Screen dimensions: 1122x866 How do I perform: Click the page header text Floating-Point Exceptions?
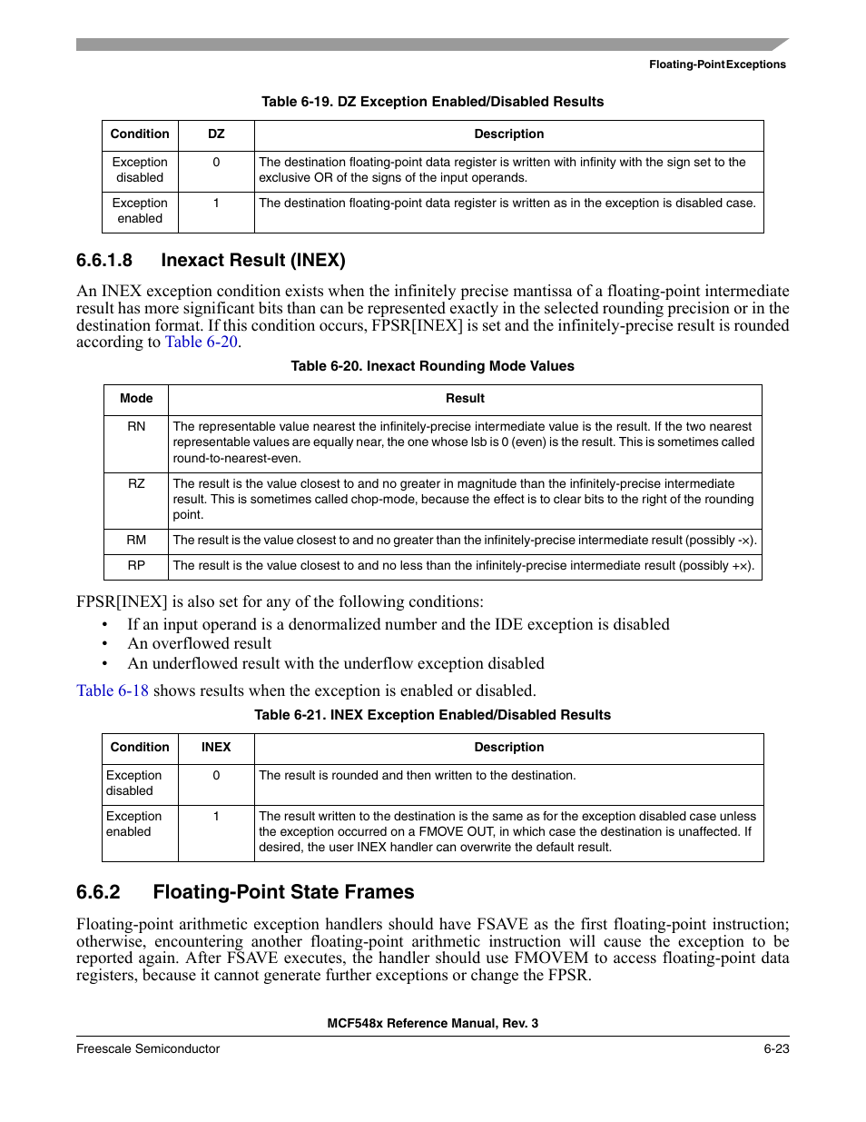pos(717,65)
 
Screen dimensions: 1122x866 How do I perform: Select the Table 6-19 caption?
pos(432,102)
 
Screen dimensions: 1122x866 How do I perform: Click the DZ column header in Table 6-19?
pos(216,134)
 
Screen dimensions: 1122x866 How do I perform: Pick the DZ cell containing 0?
pos(216,163)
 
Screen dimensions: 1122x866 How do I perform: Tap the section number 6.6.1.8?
pos(104,261)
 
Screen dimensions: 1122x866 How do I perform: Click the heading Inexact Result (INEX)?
pos(253,261)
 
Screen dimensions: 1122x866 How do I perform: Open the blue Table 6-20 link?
pos(201,343)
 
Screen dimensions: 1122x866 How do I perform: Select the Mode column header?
pos(136,398)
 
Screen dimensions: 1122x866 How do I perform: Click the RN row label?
pos(136,426)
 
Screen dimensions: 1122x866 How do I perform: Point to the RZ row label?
pos(136,483)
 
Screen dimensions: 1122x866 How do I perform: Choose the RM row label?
pos(136,540)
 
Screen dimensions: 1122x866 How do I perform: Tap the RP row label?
pos(136,565)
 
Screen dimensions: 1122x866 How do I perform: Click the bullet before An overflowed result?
pos(105,644)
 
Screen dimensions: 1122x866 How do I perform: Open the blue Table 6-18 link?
pos(113,690)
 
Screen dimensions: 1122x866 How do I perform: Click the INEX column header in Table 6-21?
pos(216,747)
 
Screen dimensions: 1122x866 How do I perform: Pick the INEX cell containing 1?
pos(216,816)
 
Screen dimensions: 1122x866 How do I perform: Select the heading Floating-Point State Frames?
pos(283,892)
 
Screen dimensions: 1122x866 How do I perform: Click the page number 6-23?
pos(776,1048)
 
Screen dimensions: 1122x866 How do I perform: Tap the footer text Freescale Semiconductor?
pos(148,1048)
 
